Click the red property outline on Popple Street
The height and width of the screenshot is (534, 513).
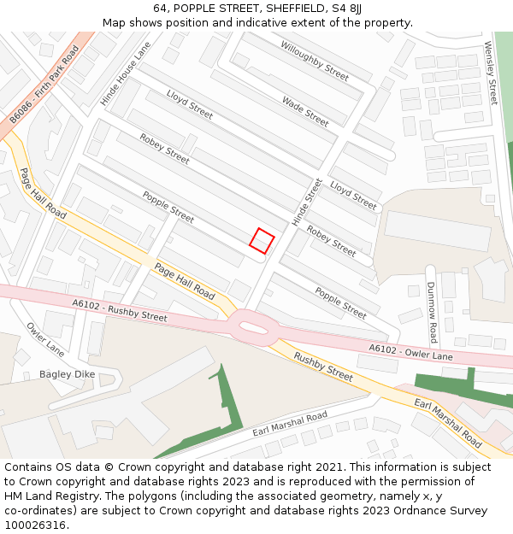click(262, 240)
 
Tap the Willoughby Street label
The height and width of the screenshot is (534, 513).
click(315, 61)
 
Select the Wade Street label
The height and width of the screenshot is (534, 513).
click(305, 111)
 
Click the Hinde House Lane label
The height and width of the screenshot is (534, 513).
click(125, 74)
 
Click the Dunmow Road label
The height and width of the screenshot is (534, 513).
click(433, 312)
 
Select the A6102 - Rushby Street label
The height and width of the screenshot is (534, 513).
click(120, 310)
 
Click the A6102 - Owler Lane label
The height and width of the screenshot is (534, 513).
click(411, 350)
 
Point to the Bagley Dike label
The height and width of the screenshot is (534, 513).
click(67, 374)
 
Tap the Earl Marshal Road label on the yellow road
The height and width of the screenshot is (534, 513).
click(448, 422)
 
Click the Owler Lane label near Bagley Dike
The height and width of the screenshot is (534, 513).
click(45, 339)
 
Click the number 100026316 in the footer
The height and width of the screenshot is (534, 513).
click(35, 525)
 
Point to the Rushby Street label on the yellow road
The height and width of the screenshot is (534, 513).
click(323, 366)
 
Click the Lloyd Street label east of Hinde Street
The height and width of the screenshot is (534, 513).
click(353, 196)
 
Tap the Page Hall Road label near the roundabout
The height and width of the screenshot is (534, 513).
click(185, 281)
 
